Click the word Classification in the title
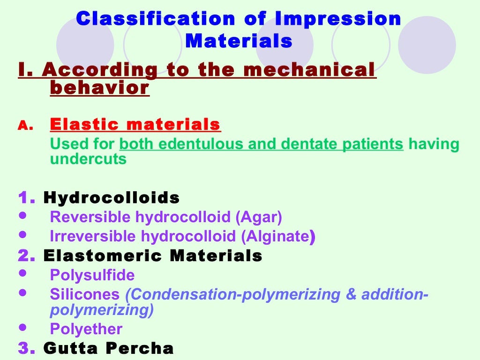click(x=156, y=19)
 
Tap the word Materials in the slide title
click(x=239, y=41)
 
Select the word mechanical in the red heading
click(x=310, y=70)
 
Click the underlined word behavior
click(x=99, y=88)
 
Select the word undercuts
click(x=88, y=159)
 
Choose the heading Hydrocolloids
click(x=112, y=198)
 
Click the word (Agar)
click(x=259, y=217)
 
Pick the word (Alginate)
click(x=278, y=237)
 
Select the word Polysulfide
click(x=92, y=275)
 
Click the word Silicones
click(x=85, y=294)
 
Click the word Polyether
click(x=86, y=329)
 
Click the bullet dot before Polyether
click(x=22, y=327)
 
